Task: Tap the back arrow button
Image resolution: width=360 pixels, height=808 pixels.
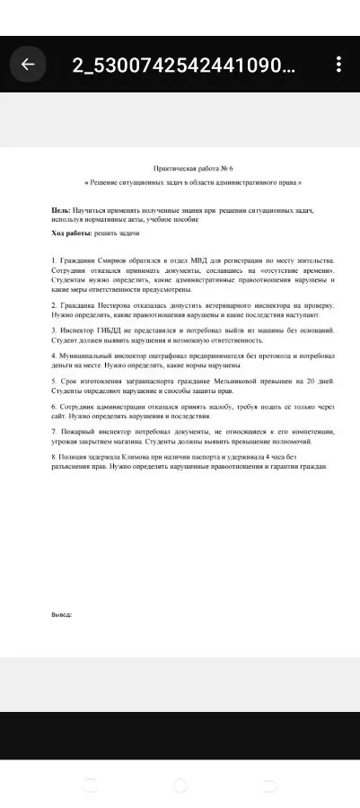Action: pyautogui.click(x=28, y=65)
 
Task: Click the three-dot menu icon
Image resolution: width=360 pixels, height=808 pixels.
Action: pyautogui.click(x=338, y=65)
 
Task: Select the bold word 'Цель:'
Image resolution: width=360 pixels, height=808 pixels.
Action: pyautogui.click(x=61, y=209)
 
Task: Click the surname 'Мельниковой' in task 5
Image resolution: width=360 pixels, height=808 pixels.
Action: pyautogui.click(x=242, y=382)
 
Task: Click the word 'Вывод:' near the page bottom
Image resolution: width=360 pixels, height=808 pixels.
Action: pyautogui.click(x=61, y=615)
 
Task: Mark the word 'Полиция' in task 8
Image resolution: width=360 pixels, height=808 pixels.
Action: pyautogui.click(x=73, y=457)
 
